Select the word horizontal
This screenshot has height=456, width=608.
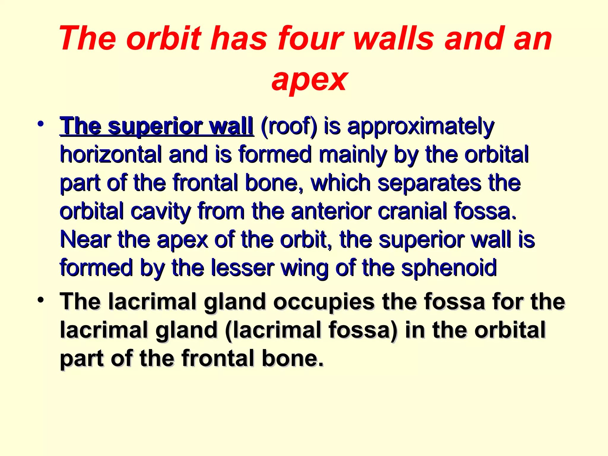point(111,155)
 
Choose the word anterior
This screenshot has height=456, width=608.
point(331,211)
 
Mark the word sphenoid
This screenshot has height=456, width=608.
point(449,267)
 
